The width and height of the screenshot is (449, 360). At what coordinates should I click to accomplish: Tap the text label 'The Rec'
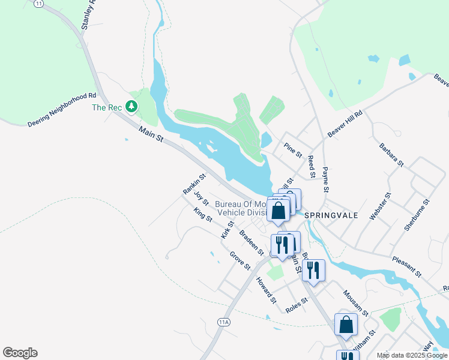pos(107,107)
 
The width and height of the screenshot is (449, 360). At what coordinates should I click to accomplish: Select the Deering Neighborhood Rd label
pos(62,110)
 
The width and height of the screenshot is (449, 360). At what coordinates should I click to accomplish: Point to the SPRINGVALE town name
pos(331,214)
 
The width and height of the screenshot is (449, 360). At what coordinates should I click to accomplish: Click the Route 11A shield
pos(224,322)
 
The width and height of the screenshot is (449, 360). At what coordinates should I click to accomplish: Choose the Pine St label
pos(293,149)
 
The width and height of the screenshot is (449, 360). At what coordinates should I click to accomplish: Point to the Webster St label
pos(380,206)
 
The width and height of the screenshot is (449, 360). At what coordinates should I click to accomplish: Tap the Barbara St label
pos(391,155)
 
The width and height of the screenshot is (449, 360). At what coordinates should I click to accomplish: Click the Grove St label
pos(240,260)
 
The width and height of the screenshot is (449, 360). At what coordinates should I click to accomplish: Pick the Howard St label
pos(266,290)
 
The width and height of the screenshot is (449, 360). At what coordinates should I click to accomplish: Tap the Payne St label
pos(325,179)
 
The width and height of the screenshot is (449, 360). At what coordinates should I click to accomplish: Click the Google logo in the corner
pos(20,353)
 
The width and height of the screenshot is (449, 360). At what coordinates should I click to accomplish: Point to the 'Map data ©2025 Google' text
pos(412,355)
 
